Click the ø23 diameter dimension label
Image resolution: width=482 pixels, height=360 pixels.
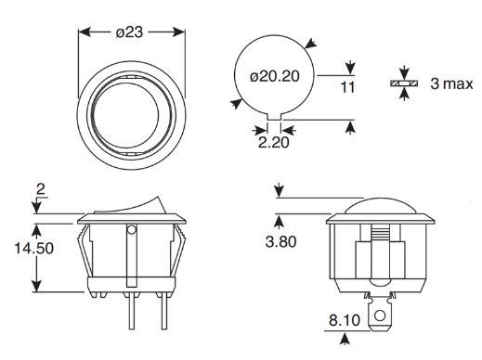point(130,32)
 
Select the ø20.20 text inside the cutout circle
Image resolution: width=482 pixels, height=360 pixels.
point(275,76)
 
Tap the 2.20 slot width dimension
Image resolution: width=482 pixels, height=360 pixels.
point(274,142)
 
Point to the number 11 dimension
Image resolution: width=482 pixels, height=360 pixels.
point(348,87)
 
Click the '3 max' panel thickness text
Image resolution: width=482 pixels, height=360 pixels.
point(451,84)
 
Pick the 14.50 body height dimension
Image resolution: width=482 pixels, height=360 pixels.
point(34,248)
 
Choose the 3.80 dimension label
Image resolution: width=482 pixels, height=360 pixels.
point(281,241)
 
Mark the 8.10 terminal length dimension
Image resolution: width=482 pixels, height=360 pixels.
point(345,320)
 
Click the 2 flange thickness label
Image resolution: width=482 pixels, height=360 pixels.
point(41,189)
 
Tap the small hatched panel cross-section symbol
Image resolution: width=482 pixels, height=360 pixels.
point(404,84)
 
